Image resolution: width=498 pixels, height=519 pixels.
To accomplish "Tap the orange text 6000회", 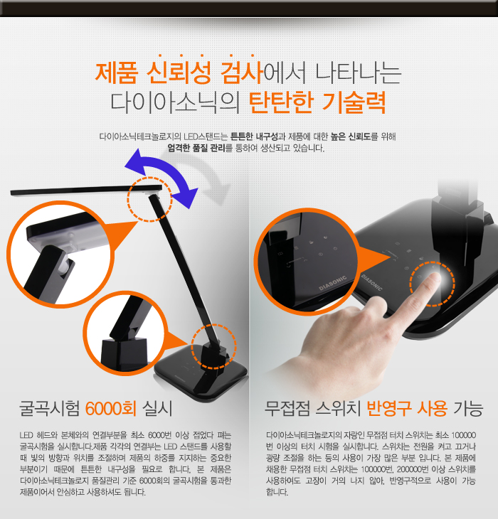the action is coord(111,409).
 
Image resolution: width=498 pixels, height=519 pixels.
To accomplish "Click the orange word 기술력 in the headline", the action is coord(354,102).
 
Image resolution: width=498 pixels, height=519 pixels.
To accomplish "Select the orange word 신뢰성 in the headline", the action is coord(179,73).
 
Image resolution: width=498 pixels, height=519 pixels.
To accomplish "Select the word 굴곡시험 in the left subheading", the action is coord(50,409).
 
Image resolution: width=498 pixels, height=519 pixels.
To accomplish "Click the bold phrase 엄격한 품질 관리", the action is coord(196,148).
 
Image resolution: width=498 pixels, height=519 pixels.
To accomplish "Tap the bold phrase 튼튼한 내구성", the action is coord(254,137).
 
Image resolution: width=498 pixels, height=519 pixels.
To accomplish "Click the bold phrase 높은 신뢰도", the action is coord(351,137).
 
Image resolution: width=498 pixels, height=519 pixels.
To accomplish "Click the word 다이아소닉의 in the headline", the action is coord(175,102).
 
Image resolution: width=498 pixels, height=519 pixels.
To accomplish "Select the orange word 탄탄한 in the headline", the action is coord(281,102).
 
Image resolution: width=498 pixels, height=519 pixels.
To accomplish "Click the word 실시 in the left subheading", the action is coord(157,409).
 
